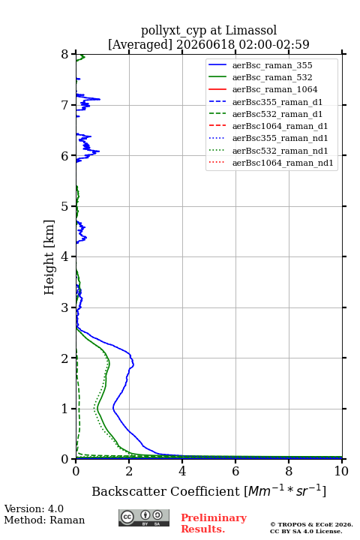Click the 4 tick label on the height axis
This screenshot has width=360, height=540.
64,256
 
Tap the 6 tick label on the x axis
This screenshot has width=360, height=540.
235,471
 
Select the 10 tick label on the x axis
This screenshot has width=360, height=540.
341,471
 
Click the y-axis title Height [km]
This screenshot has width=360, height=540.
49,257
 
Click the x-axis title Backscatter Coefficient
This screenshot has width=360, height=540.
166,491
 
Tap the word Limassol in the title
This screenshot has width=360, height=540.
250,30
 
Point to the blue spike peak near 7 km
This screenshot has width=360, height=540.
100,99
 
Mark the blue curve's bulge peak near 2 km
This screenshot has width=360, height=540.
133,364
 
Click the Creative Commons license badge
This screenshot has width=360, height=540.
144,517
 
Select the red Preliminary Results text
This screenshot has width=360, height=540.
214,523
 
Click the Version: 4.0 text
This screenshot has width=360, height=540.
34,508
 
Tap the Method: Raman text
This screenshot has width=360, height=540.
44,520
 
